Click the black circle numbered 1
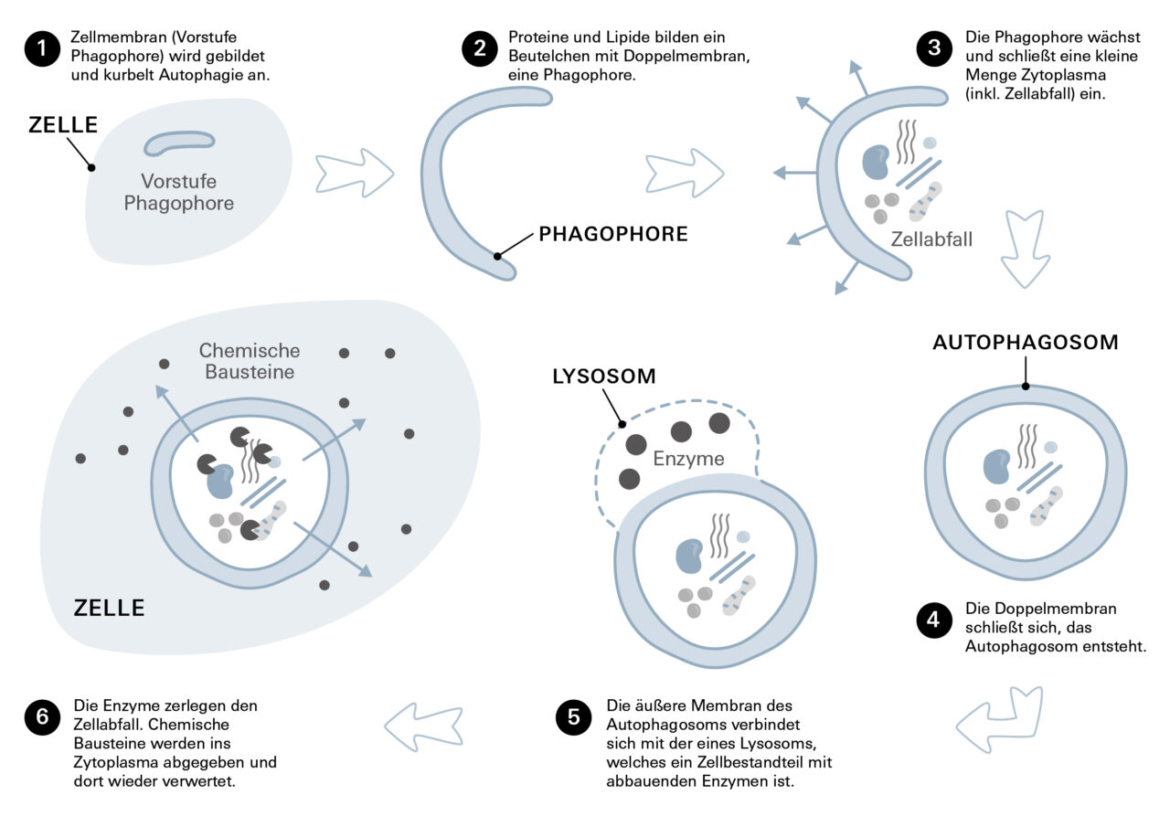tap(42, 48)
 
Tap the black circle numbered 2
tap(479, 48)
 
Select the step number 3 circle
tap(934, 48)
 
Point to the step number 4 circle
tap(934, 620)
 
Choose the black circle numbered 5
tap(574, 717)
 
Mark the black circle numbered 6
tap(42, 717)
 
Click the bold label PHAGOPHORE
tap(612, 234)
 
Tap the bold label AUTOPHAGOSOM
tap(1025, 343)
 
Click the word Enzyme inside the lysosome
tap(688, 458)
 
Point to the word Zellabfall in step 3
tap(931, 239)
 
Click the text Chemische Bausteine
tap(249, 361)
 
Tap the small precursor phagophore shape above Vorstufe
tap(179, 142)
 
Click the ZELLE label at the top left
tap(62, 125)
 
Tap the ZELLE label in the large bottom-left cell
tap(109, 608)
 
